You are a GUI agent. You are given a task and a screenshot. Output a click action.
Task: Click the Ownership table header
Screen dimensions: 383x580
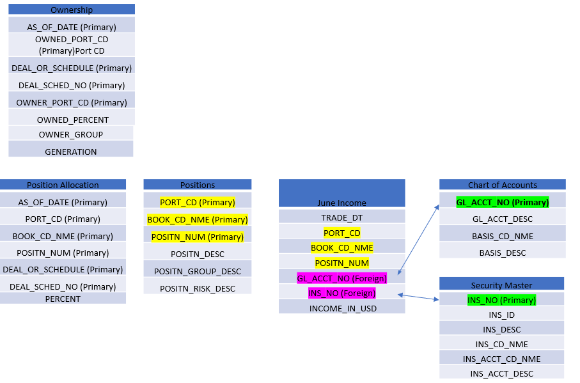pos(72,10)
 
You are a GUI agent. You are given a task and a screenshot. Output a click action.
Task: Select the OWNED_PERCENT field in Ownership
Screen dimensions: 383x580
pos(72,120)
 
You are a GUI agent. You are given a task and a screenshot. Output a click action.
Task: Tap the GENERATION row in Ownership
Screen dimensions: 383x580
pos(71,152)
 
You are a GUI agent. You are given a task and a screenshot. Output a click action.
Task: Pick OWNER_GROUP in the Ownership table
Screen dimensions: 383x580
pos(71,134)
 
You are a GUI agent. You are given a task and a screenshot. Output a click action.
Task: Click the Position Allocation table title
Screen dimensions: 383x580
pos(63,185)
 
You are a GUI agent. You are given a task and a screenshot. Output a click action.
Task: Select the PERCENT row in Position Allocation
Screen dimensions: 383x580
pos(63,299)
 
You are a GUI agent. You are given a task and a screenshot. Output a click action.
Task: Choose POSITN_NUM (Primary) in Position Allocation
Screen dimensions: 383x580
pos(63,253)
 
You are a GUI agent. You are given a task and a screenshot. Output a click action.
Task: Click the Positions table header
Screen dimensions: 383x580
pos(198,185)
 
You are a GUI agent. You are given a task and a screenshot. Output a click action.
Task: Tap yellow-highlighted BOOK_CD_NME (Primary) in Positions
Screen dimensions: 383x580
pos(197,219)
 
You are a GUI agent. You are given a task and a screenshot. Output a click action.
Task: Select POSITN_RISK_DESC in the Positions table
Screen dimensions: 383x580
pos(198,288)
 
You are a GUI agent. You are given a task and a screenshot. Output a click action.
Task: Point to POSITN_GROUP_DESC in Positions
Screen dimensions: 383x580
pos(198,271)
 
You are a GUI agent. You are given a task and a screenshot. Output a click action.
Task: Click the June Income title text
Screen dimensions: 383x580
pos(342,203)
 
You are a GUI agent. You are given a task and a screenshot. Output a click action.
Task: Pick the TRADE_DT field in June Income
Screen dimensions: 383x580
pos(342,217)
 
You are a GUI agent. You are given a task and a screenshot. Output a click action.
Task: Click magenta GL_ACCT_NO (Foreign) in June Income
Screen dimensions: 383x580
pos(341,278)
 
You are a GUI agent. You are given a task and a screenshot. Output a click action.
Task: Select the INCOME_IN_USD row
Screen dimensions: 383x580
pos(342,308)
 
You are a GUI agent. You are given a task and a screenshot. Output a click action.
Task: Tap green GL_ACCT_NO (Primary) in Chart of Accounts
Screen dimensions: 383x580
pos(503,202)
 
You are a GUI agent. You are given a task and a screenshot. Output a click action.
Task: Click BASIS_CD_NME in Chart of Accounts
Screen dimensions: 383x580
pos(503,236)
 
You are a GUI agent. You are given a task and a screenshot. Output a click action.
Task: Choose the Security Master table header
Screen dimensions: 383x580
pos(501,285)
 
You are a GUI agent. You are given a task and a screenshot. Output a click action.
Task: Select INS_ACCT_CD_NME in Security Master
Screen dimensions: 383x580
pos(501,359)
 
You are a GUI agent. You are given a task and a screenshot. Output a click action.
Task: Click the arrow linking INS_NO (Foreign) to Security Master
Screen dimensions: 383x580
pos(418,296)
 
